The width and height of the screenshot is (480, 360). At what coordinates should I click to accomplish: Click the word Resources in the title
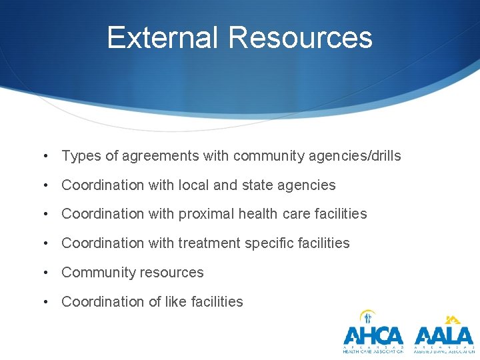299,38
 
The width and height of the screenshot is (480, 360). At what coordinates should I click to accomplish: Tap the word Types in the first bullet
81,156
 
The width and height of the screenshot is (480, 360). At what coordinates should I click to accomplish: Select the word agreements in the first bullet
159,156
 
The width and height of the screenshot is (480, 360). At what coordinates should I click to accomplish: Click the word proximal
206,214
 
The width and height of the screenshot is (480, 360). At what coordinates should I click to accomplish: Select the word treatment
209,243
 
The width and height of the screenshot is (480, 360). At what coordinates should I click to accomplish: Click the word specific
268,243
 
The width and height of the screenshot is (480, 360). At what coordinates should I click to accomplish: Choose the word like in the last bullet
175,302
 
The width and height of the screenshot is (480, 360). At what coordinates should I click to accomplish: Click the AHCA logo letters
373,335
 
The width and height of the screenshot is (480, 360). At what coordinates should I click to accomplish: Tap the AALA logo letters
443,335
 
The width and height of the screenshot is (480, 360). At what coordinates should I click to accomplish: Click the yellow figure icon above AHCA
367,317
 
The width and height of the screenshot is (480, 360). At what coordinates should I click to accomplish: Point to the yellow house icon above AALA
453,319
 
